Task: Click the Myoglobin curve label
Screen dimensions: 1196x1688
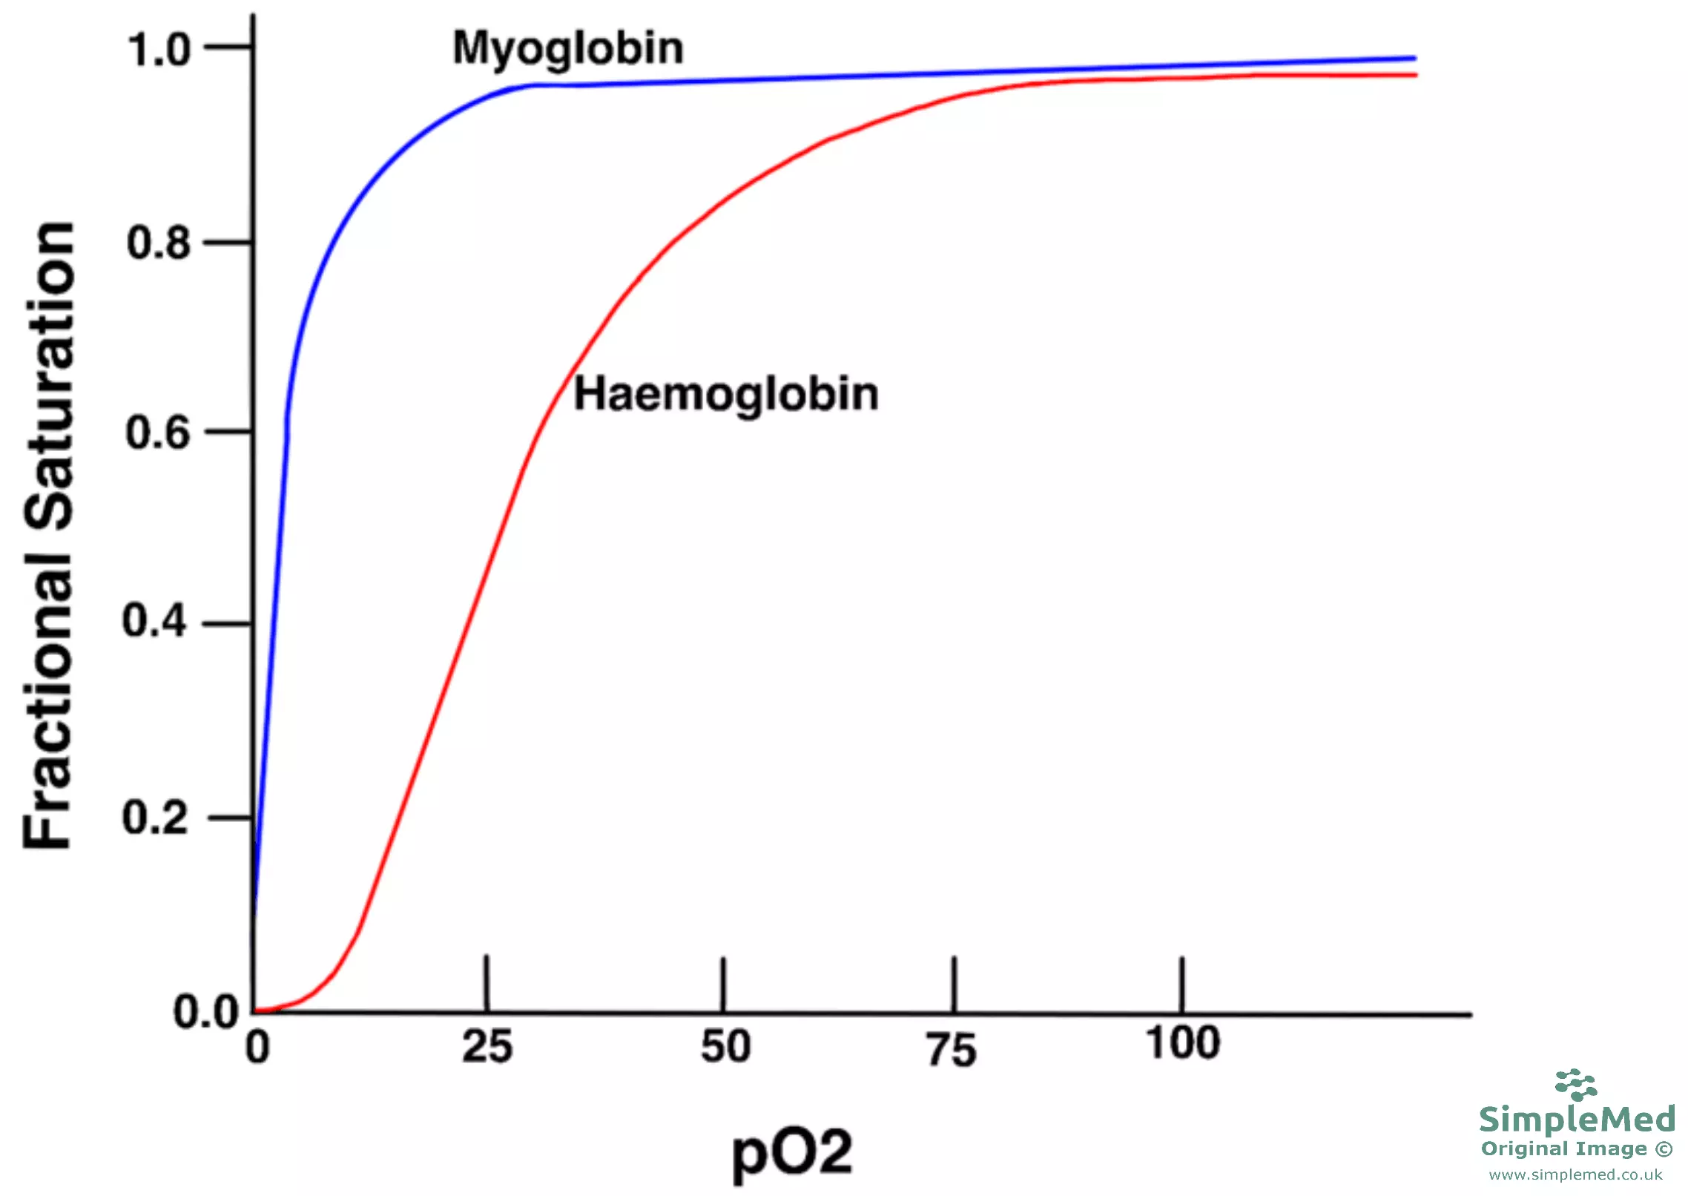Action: tap(567, 50)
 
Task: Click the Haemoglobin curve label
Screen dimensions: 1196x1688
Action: tap(725, 395)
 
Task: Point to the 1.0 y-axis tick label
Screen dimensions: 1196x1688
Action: tap(159, 50)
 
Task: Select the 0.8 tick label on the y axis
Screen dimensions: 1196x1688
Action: tap(158, 243)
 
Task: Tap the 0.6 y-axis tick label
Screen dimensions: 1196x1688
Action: tap(157, 433)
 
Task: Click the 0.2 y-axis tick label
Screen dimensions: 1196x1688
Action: tap(154, 818)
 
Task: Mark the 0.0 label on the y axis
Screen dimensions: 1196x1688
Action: tap(206, 1012)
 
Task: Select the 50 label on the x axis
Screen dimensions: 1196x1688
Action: tap(725, 1047)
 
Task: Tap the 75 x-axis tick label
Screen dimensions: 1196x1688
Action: tap(952, 1051)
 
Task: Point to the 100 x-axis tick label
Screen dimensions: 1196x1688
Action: tap(1183, 1042)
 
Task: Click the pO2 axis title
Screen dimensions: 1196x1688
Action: tap(792, 1152)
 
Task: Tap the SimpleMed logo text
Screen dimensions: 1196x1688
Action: tap(1577, 1119)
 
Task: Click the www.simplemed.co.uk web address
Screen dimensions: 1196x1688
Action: tap(1576, 1175)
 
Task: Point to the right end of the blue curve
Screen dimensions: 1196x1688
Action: tap(1414, 58)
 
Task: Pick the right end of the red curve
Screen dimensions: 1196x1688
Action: tap(1415, 75)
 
